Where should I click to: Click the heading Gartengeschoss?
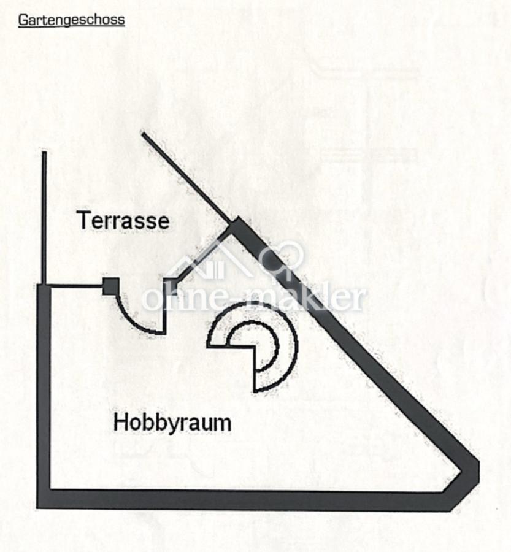[x=72, y=20]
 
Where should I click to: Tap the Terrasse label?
[x=123, y=221]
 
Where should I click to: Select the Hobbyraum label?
[x=172, y=423]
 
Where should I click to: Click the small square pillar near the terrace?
[x=110, y=286]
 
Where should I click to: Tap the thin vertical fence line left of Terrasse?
[x=44, y=218]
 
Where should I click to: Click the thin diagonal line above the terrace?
[x=186, y=178]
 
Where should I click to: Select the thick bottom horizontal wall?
[x=247, y=500]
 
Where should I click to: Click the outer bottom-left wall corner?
[x=37, y=508]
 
